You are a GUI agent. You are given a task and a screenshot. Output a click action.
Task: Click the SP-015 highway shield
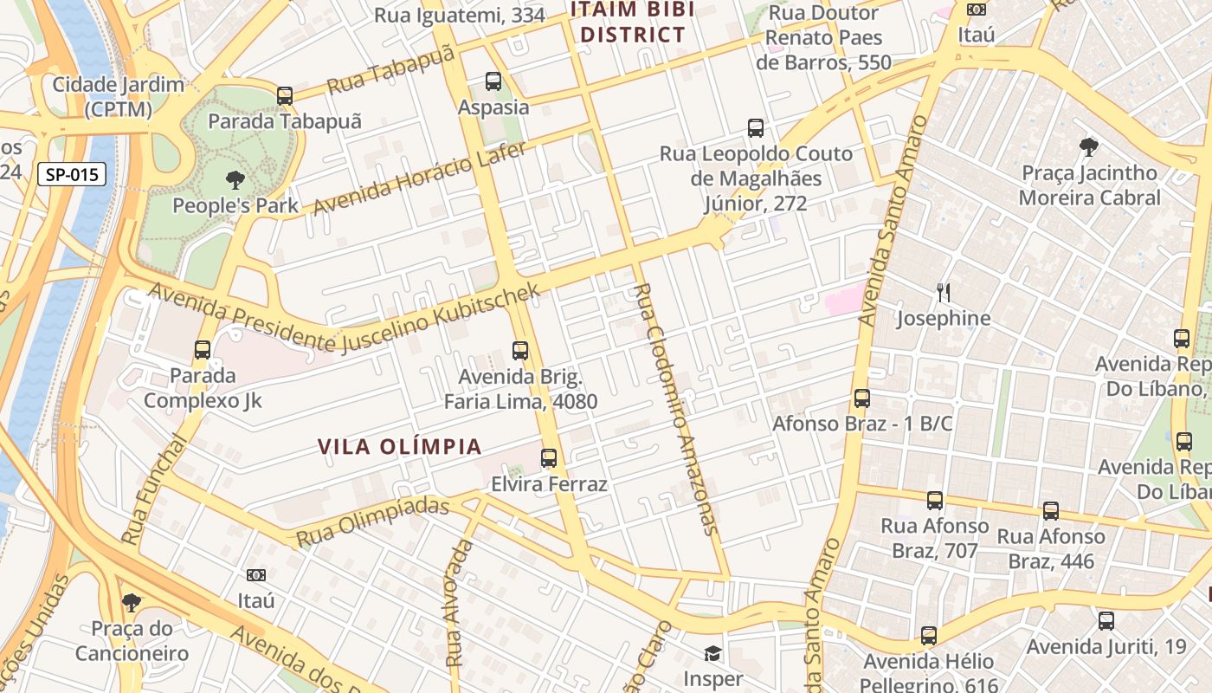[72, 174]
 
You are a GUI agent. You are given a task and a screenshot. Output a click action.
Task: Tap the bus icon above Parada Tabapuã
[285, 96]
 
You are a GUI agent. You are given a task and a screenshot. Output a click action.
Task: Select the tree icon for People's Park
[235, 180]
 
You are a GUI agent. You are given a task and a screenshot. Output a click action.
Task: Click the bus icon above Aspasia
[493, 81]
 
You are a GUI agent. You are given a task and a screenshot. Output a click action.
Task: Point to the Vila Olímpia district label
[399, 446]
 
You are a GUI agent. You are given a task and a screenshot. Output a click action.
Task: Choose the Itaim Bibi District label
[632, 23]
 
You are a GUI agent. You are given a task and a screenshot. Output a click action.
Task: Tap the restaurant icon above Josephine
[944, 293]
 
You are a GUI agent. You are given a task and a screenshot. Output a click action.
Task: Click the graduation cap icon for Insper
[712, 653]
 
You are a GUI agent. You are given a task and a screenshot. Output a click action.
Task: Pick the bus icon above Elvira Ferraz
[549, 458]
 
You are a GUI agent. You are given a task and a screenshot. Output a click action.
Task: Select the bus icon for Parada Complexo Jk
[203, 350]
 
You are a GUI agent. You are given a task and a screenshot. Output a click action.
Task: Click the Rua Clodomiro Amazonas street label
[675, 407]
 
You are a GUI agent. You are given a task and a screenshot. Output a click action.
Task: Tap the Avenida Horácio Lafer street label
[420, 179]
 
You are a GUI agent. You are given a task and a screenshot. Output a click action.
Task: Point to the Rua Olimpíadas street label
[373, 521]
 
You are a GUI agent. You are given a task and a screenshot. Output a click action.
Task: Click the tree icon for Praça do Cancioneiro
[132, 602]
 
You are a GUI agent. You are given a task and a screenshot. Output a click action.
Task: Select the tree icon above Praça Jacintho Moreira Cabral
[1088, 147]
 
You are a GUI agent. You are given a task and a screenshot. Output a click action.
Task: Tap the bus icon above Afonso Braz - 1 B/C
[862, 398]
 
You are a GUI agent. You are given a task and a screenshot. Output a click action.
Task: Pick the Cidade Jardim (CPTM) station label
[119, 97]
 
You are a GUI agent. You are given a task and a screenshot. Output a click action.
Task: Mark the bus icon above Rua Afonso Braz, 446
[1051, 511]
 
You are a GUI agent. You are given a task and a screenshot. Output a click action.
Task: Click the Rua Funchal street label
[153, 489]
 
